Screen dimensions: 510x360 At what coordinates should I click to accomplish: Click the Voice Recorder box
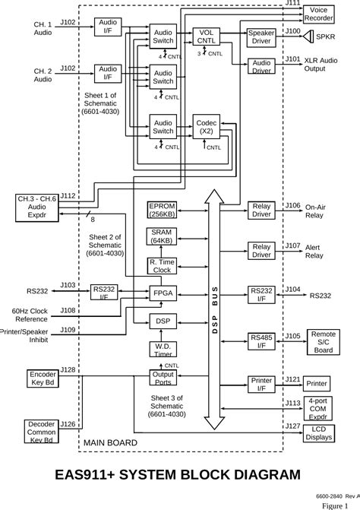coord(319,13)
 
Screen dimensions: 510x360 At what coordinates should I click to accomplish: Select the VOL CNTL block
coord(205,37)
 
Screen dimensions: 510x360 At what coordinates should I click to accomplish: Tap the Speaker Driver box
coord(261,37)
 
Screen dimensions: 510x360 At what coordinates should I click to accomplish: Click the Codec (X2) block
coord(206,126)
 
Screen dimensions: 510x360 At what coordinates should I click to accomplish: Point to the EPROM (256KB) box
coord(162,210)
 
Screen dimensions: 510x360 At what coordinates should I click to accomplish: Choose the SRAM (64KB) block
coord(162,236)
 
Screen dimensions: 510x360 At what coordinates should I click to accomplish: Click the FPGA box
coord(163,293)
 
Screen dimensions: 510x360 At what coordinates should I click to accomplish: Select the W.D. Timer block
coord(163,350)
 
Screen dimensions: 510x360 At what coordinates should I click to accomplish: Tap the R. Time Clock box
coord(163,265)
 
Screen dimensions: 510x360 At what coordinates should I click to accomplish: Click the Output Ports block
coord(163,378)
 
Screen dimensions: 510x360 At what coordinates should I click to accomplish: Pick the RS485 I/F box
coord(261,341)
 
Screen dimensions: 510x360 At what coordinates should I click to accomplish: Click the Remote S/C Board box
coord(324,341)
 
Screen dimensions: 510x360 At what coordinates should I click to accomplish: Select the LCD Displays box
coord(319,432)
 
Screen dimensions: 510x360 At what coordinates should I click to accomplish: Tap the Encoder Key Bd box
coord(43,379)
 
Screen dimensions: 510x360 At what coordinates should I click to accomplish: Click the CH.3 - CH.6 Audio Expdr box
coord(36,207)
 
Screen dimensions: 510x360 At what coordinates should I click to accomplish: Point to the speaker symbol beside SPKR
coord(308,36)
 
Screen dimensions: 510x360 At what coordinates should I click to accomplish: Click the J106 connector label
coord(292,205)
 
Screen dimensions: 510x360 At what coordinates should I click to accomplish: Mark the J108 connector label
coord(68,310)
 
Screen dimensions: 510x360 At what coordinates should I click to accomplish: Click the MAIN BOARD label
coord(110,442)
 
